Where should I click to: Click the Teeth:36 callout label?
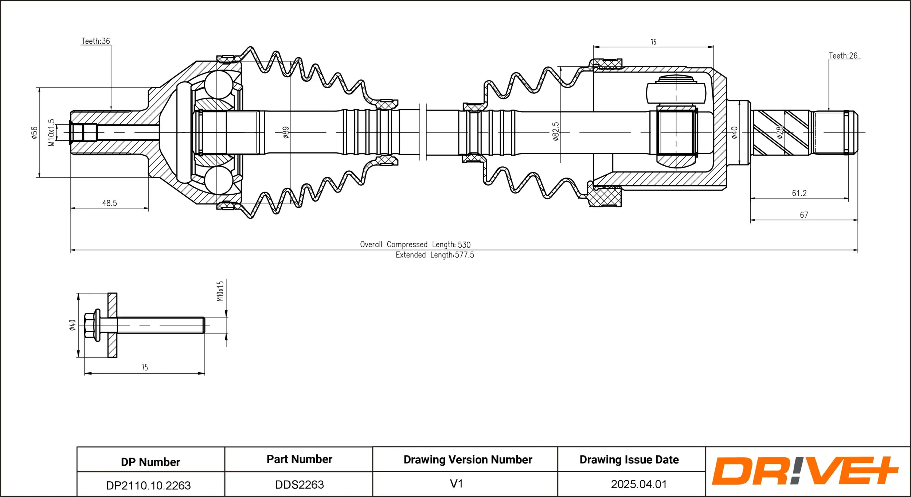coord(95,41)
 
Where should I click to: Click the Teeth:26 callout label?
coord(843,56)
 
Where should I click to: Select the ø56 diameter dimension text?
coord(34,133)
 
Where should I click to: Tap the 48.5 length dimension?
coord(109,203)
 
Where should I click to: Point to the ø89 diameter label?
coord(286,132)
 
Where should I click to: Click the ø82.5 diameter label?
coord(555,132)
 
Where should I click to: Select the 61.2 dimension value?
coord(799,193)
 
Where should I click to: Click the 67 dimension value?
coord(804,215)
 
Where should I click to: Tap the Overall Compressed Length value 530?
coord(464,245)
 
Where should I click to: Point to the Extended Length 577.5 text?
coord(435,255)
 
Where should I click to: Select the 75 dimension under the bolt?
coord(145,367)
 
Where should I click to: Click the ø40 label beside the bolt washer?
coord(73,325)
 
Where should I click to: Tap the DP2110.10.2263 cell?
coord(148,485)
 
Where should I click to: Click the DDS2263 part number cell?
coord(299,485)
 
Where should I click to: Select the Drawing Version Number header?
coord(468,459)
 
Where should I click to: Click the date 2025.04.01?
coord(638,484)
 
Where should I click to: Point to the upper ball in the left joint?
coord(218,85)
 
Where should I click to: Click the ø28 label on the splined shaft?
coord(779,132)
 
